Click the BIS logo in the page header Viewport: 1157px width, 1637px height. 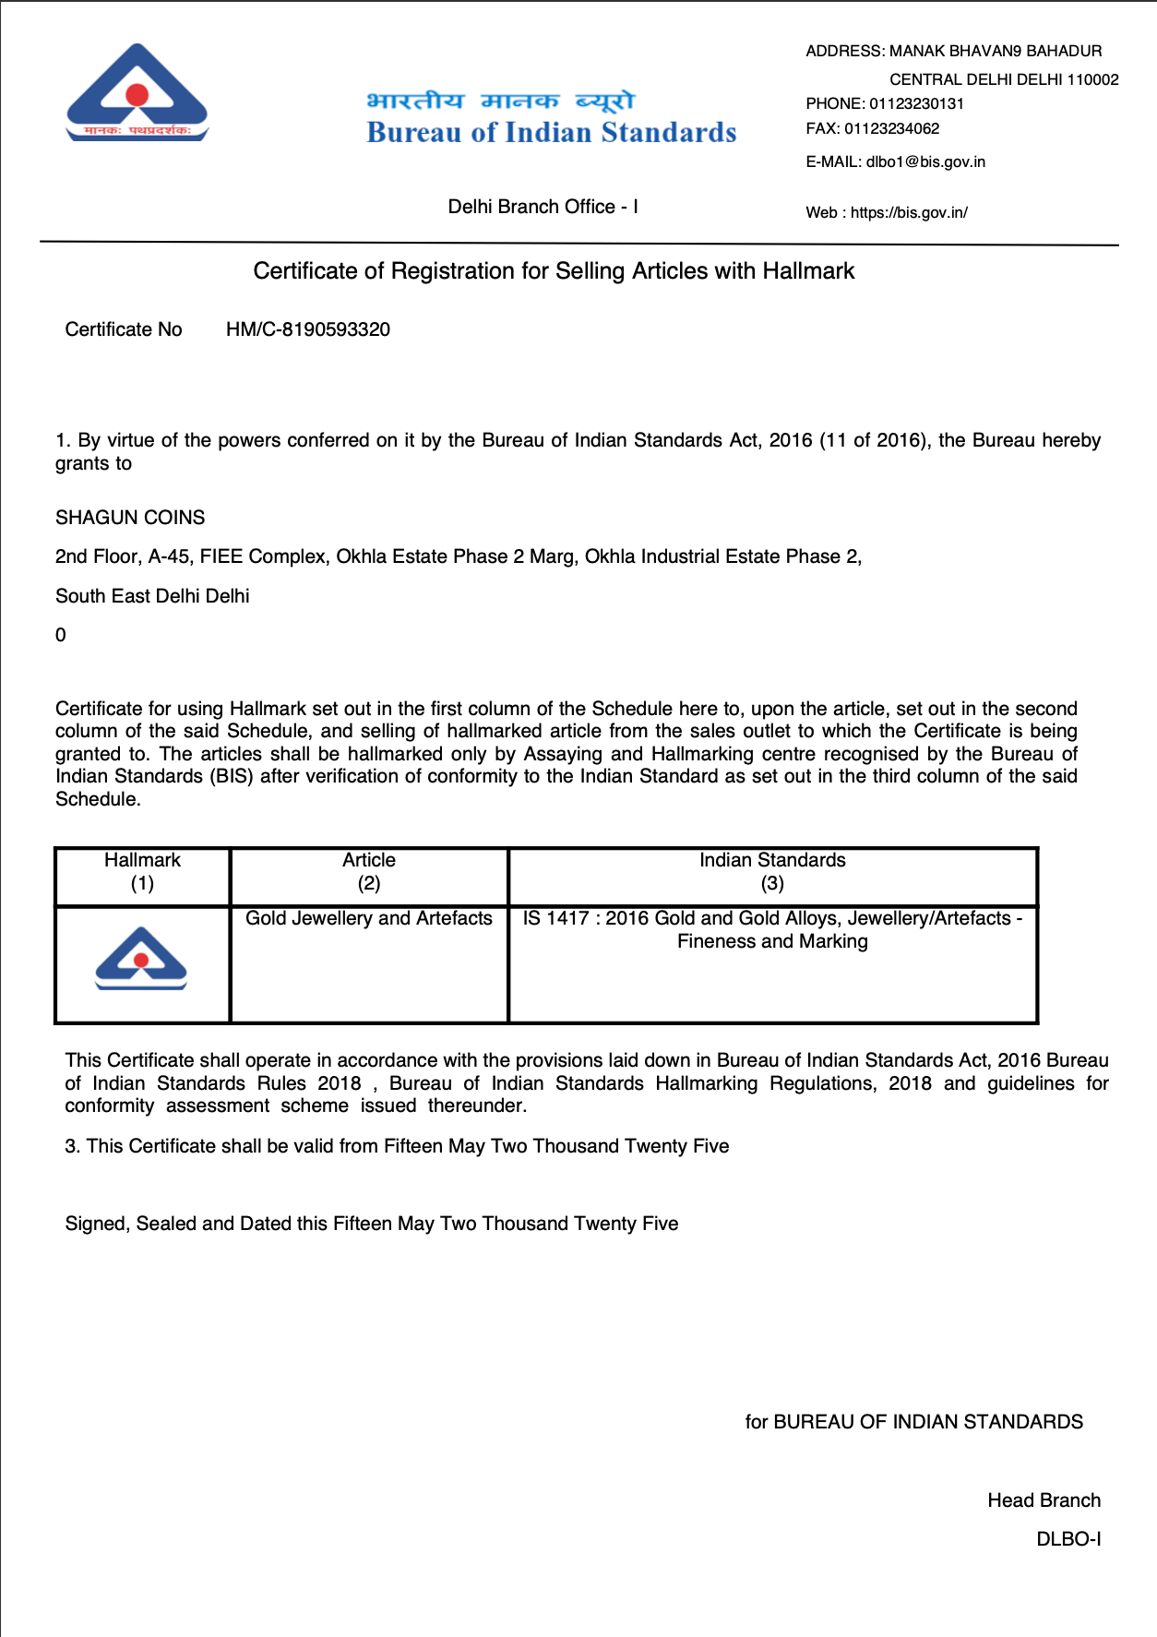tap(137, 93)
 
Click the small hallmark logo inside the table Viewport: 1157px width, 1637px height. tap(141, 959)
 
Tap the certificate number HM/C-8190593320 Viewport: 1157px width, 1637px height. tap(308, 329)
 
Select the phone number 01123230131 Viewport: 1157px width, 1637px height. tap(916, 103)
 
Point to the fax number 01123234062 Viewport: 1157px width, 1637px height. tap(891, 128)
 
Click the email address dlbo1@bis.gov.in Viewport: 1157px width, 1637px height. tap(925, 161)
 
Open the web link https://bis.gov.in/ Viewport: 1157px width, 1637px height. tap(909, 212)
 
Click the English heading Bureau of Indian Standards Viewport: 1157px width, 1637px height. tap(551, 133)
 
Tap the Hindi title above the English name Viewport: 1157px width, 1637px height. tap(501, 100)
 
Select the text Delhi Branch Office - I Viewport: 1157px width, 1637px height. tap(543, 207)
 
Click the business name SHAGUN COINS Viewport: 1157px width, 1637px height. tap(130, 518)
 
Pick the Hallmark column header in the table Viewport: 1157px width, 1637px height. tap(142, 871)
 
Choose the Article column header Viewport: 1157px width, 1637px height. tap(369, 871)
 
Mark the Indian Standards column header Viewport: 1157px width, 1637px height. tap(772, 871)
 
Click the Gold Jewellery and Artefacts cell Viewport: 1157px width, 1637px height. tap(369, 918)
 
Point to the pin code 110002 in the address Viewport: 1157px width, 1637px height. tap(1092, 79)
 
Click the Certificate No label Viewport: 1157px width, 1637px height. tap(124, 329)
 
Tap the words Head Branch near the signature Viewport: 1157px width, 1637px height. tap(1044, 1500)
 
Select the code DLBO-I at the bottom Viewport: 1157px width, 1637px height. tap(1068, 1539)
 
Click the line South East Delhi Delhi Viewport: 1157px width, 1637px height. tap(152, 596)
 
